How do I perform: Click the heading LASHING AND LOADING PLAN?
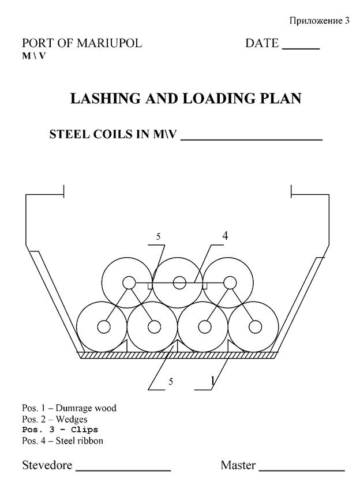(x=185, y=99)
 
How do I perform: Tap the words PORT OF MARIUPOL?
(x=81, y=43)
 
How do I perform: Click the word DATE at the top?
(x=262, y=43)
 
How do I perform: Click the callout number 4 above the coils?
(x=225, y=235)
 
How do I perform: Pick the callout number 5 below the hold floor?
(x=171, y=382)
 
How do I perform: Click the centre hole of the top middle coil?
(x=179, y=283)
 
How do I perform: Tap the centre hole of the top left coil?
(x=129, y=283)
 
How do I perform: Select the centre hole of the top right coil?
(x=230, y=283)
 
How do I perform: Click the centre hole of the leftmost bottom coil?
(x=104, y=327)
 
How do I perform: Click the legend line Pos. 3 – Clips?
(x=60, y=430)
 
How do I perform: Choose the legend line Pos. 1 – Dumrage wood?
(x=69, y=408)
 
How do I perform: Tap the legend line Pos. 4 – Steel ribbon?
(x=63, y=441)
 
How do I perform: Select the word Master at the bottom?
(x=238, y=465)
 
